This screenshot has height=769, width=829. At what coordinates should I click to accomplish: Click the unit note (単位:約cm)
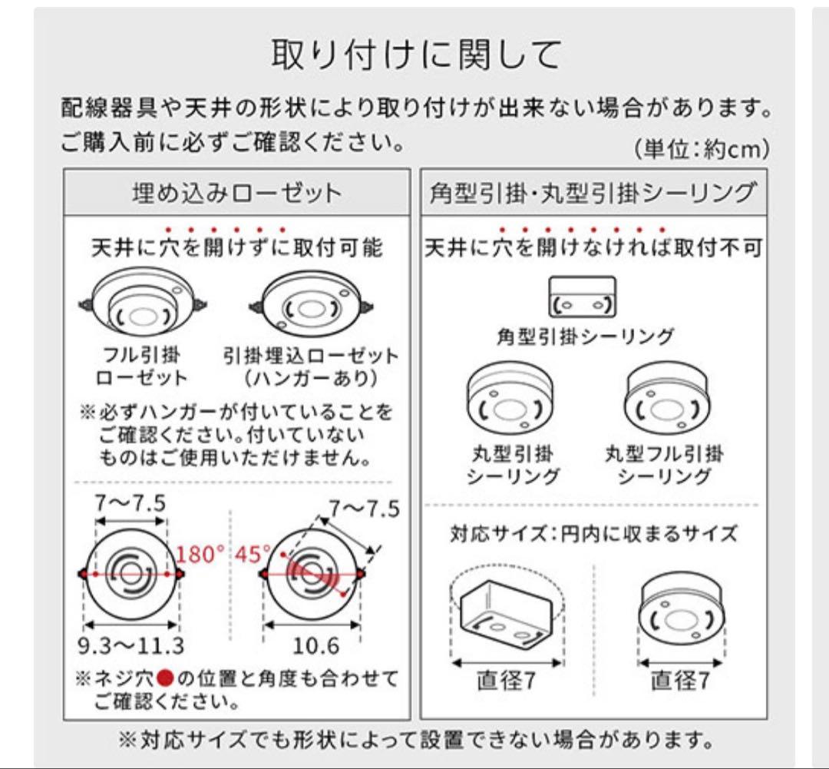[x=702, y=149]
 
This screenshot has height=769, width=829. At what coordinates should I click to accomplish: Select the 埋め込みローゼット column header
[x=236, y=192]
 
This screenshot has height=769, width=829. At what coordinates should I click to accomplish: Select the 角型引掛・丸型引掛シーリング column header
[x=593, y=192]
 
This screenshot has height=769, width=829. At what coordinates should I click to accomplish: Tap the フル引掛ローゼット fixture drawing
[x=143, y=306]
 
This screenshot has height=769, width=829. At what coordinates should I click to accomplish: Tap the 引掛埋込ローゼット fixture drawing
[x=311, y=306]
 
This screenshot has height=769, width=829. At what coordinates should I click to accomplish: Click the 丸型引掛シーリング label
[x=513, y=464]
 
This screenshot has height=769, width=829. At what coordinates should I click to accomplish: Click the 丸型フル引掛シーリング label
[x=664, y=464]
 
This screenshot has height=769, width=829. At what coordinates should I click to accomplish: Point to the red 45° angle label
[x=253, y=554]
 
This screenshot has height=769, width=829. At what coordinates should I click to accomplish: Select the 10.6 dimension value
[x=312, y=644]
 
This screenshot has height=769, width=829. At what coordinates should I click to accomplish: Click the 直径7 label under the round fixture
[x=680, y=681]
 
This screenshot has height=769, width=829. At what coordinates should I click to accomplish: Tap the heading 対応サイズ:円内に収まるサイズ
[x=593, y=533]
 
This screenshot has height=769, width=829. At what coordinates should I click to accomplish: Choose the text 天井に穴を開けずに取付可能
[x=236, y=248]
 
